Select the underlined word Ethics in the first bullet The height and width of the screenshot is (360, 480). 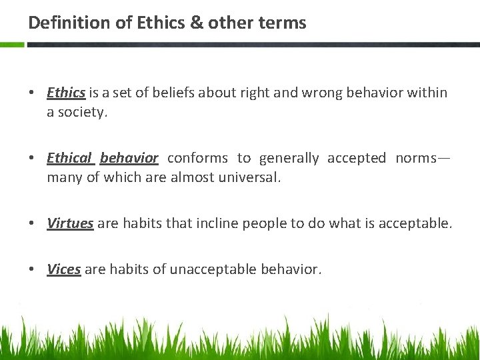click(x=66, y=93)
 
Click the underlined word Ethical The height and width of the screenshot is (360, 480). click(x=69, y=158)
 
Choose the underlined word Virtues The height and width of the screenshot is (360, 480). click(x=70, y=223)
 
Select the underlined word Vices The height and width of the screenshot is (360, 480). click(x=64, y=269)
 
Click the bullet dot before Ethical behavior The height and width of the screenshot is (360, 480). click(x=32, y=158)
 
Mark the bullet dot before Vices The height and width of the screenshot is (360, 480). click(x=32, y=269)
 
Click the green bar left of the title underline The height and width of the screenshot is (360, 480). click(x=12, y=45)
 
